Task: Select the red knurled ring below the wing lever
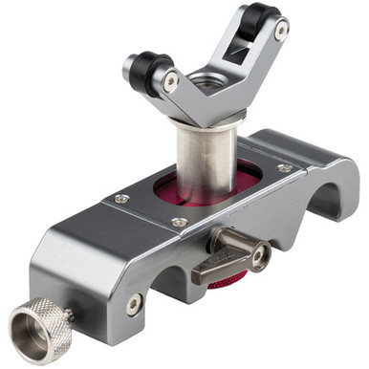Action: tap(229, 279)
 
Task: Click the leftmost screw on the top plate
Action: tap(121, 199)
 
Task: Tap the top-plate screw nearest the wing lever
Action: tap(180, 222)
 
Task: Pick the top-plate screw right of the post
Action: tap(284, 169)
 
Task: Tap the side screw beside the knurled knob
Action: tap(135, 305)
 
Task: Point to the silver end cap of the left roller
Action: tap(128, 67)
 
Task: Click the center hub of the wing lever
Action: tap(257, 255)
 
